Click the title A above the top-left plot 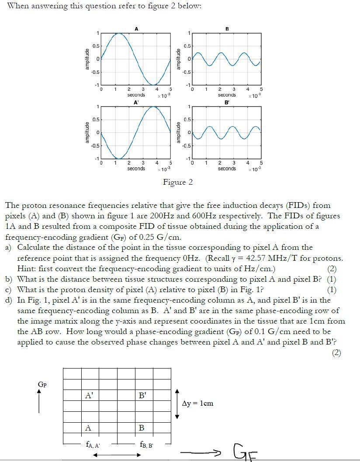136,29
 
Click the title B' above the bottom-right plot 227,102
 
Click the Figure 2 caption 178,182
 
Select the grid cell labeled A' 90,396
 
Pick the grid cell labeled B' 143,396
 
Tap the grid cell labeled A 90,428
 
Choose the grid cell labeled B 143,428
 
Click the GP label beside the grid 42,384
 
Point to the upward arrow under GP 39,401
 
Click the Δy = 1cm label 198,403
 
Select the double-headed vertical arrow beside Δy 177,403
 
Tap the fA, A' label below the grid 93,445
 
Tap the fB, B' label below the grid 146,445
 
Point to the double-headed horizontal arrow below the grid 117,455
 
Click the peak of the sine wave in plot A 118,33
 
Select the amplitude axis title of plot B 178,59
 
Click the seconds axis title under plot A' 136,169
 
